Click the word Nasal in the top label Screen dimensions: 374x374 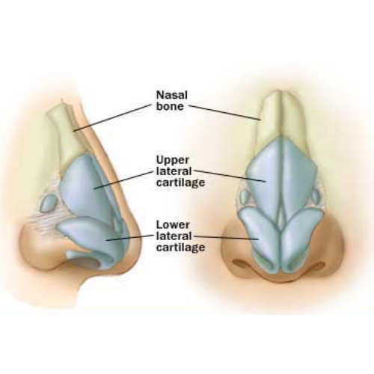[171, 95]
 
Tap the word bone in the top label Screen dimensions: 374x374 [170, 106]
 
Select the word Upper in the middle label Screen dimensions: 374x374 [173, 161]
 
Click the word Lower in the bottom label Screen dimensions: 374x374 [173, 224]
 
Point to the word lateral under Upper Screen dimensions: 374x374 [174, 171]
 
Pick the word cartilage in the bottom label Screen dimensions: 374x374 [180, 248]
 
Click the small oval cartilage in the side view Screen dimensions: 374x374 [49, 203]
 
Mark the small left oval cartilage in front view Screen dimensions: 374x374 [244, 197]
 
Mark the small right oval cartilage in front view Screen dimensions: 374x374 [316, 197]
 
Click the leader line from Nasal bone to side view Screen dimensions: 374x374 [112, 117]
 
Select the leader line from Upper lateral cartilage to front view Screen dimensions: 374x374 [230, 176]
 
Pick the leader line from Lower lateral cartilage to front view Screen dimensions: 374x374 [226, 237]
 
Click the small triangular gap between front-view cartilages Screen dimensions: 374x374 [281, 218]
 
